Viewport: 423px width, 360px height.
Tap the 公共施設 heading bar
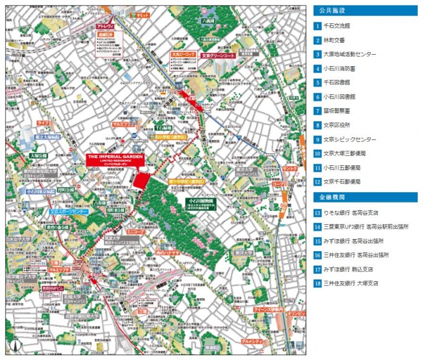coord(365,10)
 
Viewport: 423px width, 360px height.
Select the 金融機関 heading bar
coord(365,197)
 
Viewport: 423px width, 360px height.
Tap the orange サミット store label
coord(142,14)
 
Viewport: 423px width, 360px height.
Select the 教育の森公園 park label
coord(58,228)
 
